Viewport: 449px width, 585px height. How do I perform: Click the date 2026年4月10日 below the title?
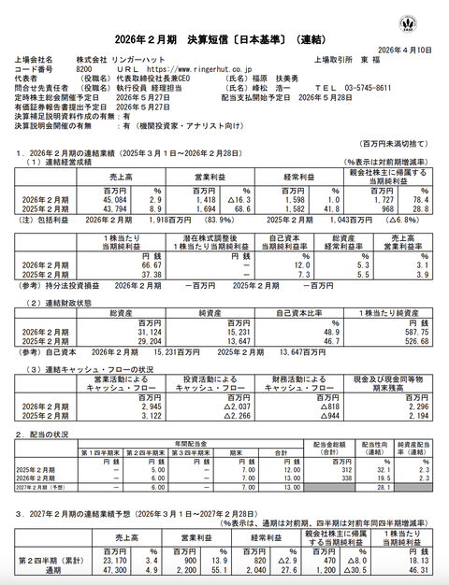tap(407, 49)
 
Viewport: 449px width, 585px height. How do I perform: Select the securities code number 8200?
tap(83, 69)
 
